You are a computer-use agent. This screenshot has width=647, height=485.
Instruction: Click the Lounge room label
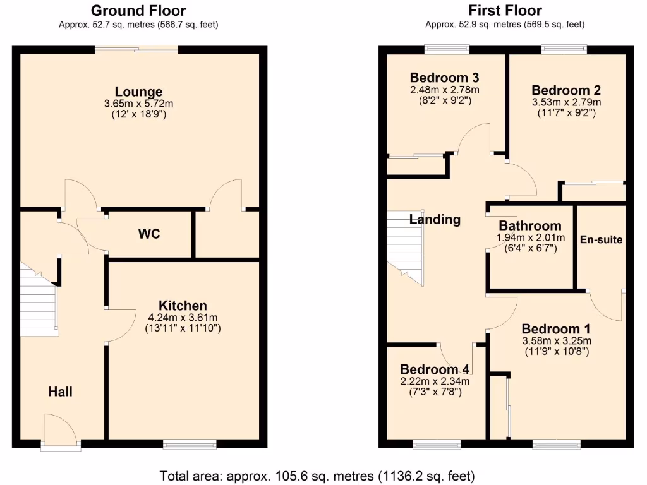point(138,92)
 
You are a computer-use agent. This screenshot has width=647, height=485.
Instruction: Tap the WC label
point(149,234)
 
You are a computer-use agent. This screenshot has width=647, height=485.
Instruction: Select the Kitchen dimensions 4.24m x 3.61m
point(182,318)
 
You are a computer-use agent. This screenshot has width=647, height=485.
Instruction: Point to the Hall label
point(61,392)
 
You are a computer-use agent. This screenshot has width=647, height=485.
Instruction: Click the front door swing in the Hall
point(60,429)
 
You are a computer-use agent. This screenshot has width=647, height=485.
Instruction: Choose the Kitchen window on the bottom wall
point(190,445)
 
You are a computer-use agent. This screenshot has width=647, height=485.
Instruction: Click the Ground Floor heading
point(138,11)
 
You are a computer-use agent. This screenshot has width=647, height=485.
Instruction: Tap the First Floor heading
point(505,11)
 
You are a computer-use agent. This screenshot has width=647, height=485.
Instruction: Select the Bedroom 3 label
point(444,78)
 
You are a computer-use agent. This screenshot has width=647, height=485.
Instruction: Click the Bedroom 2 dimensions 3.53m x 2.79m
point(566,102)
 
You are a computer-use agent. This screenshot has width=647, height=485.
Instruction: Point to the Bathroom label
point(529,226)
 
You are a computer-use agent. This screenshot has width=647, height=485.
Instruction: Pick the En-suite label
point(602,240)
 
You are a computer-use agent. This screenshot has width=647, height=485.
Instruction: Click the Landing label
point(435,220)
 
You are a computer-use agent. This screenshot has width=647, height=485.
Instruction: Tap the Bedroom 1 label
point(556,330)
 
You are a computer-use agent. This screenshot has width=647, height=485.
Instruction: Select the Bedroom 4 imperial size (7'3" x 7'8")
point(435,392)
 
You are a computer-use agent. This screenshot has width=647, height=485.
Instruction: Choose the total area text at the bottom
point(317,476)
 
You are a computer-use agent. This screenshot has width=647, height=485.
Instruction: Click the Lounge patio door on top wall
point(136,49)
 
